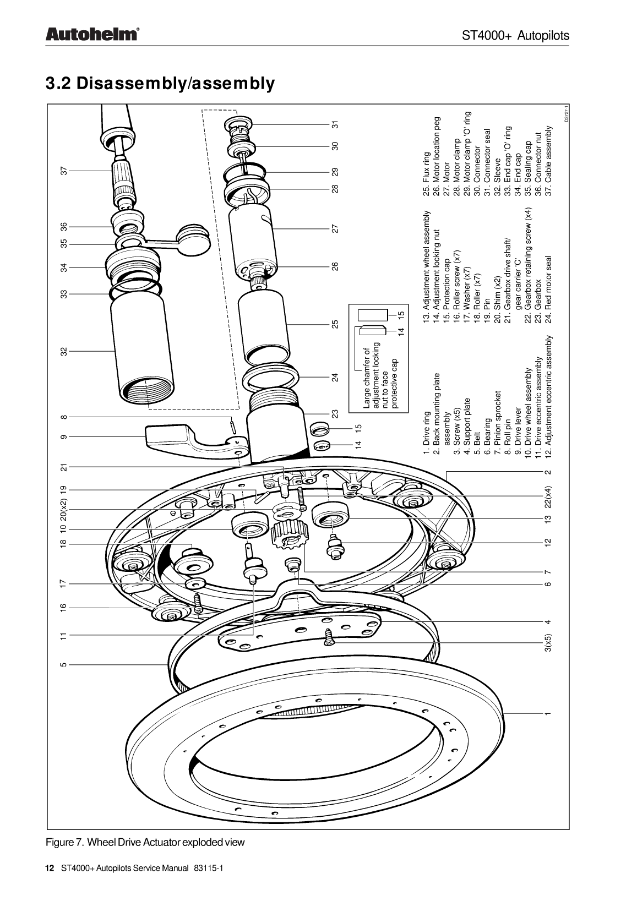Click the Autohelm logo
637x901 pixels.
pyautogui.click(x=91, y=35)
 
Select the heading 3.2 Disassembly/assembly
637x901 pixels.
pyautogui.click(x=160, y=84)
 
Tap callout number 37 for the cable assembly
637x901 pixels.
pyautogui.click(x=64, y=171)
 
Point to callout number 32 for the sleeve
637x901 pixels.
pyautogui.click(x=64, y=351)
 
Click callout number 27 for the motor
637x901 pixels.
pyautogui.click(x=335, y=228)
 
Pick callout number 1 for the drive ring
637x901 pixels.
pyautogui.click(x=547, y=714)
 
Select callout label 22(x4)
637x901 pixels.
pyautogui.click(x=547, y=496)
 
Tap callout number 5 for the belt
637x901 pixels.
pyautogui.click(x=64, y=664)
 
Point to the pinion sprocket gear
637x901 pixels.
pyautogui.click(x=287, y=534)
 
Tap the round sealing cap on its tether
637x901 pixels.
pyautogui.click(x=193, y=237)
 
